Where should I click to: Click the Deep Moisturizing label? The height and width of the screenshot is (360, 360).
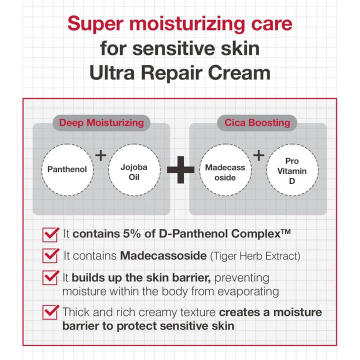coord(101,122)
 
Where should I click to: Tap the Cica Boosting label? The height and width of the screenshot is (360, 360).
coord(257,122)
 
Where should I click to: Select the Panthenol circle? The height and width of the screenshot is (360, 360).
coord(67,169)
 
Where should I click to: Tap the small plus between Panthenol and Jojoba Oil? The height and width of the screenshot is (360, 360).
coord(100,155)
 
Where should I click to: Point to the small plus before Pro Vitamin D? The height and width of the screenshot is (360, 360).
coord(258,155)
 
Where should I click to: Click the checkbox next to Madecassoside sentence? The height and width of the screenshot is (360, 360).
coord(50,255)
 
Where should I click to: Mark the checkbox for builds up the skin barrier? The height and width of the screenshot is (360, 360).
coord(50,277)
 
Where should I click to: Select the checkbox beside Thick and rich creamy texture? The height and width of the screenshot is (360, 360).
coord(50,312)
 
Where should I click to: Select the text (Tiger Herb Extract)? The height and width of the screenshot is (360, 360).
coord(255,256)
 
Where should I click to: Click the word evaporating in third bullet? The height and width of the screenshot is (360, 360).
coord(244,291)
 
